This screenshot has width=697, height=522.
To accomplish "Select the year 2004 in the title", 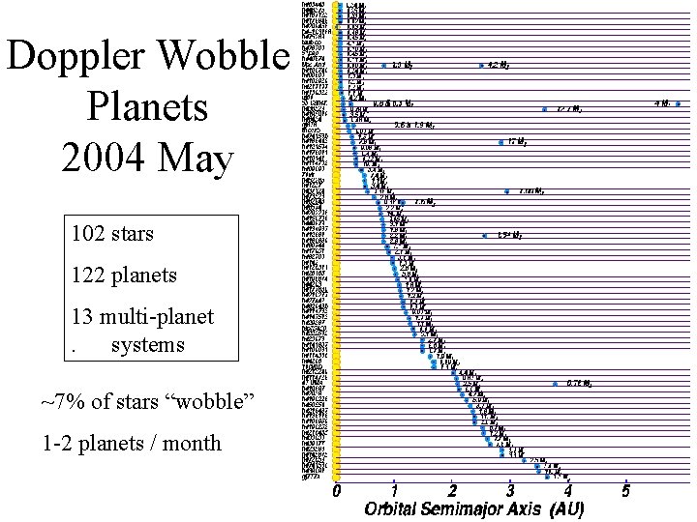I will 108,159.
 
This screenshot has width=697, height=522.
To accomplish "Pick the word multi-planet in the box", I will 163,317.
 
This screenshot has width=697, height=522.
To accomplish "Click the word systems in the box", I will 148,345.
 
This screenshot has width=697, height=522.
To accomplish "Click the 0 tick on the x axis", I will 337,490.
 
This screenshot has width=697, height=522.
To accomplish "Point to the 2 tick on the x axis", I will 452,490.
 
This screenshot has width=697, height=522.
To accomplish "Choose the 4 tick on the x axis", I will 568,490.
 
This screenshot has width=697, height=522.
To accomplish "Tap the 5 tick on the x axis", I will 626,490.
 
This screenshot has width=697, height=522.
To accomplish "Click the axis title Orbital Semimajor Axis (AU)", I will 474,508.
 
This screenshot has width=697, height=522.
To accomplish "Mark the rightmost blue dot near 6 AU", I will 679,103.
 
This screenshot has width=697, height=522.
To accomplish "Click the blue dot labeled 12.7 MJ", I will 545,109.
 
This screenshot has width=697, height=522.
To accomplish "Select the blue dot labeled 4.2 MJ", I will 481,66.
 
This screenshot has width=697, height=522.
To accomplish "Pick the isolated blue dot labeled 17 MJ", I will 500,142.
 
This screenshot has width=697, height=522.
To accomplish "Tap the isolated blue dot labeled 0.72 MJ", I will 555,384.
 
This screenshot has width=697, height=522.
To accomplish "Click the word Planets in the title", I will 148,108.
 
